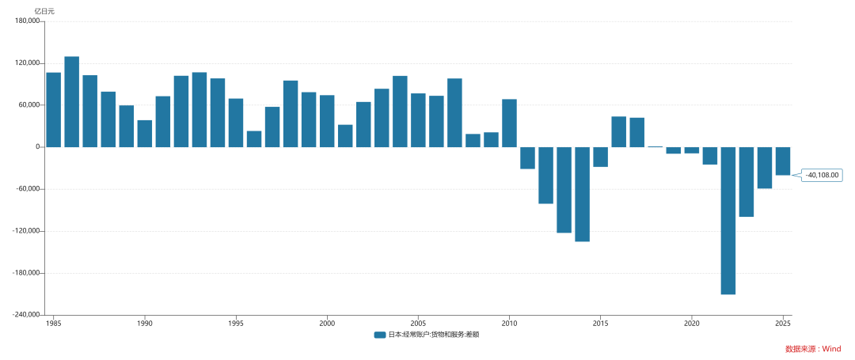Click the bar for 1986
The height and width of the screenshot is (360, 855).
point(71,102)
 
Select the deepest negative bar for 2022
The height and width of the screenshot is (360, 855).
point(728,221)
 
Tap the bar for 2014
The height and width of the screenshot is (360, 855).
point(583,195)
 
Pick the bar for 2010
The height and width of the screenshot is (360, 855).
point(509,123)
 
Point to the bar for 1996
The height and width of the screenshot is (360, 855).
point(254,139)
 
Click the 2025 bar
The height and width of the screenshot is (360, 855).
point(783,161)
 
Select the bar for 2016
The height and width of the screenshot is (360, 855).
point(619,132)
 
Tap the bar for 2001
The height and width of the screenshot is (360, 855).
point(345,136)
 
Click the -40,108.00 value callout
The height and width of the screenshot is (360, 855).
point(822,176)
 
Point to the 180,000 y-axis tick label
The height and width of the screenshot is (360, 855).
point(30,21)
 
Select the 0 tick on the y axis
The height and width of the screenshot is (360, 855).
point(40,147)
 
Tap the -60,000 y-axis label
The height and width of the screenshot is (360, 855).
point(30,189)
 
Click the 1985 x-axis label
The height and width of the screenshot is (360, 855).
point(54,322)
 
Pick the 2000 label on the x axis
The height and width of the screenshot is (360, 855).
point(327,322)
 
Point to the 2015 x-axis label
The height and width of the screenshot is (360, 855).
point(600,322)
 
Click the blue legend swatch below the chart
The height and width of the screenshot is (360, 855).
point(380,335)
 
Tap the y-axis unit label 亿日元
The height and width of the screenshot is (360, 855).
point(44,11)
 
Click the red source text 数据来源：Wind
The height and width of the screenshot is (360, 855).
point(813,349)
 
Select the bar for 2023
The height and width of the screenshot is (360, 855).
point(747,182)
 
